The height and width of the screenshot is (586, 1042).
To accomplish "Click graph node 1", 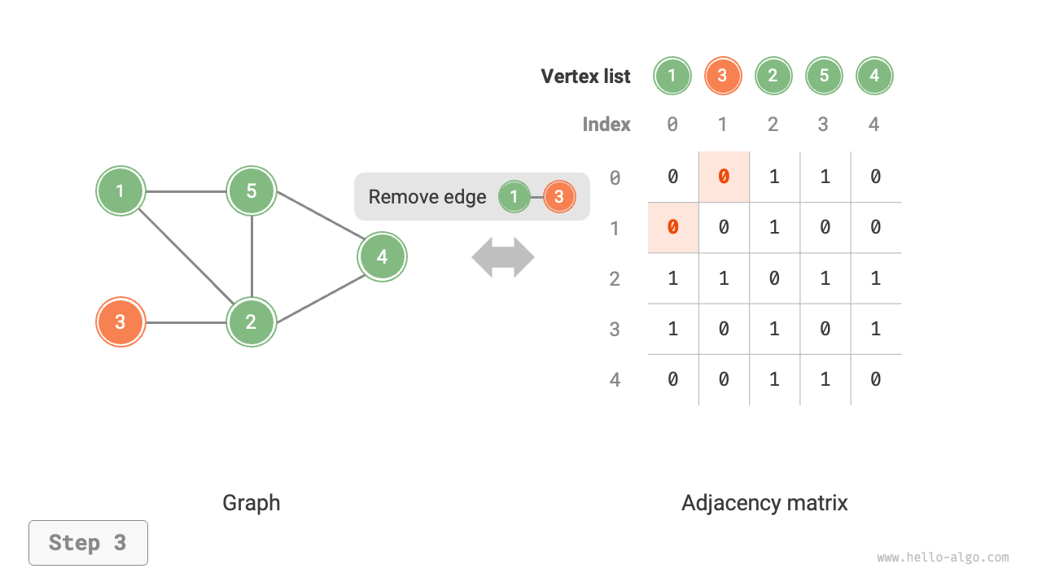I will click(120, 191).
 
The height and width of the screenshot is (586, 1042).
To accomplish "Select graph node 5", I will click(252, 191).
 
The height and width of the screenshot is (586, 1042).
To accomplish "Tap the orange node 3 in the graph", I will click(120, 321).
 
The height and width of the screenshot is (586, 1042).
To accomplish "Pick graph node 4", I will click(382, 257).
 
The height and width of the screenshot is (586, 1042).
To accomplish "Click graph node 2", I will click(252, 321).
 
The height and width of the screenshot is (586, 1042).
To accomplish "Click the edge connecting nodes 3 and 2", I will click(186, 322).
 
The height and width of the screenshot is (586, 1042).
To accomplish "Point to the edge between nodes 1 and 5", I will click(186, 192).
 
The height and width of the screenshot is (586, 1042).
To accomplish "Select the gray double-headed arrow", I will click(503, 257).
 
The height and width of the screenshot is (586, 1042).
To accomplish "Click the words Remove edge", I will click(427, 197).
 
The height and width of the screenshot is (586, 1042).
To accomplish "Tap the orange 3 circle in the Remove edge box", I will click(558, 197).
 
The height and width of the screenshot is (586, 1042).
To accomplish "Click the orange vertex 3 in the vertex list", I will click(722, 77).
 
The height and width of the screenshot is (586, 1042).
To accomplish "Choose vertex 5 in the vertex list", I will click(824, 77).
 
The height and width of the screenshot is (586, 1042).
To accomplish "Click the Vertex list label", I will click(585, 77).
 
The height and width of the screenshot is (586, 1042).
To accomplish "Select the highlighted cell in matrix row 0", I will click(724, 177).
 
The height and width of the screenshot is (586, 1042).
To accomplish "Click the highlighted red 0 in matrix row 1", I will click(672, 227).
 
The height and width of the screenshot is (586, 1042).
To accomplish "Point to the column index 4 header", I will click(874, 125).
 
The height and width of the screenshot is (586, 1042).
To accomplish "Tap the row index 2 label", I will click(615, 279).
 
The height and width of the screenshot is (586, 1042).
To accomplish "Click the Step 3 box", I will click(88, 543).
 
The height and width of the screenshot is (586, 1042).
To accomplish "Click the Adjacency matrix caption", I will click(764, 503).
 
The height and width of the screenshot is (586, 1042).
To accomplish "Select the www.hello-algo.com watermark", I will click(943, 558).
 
